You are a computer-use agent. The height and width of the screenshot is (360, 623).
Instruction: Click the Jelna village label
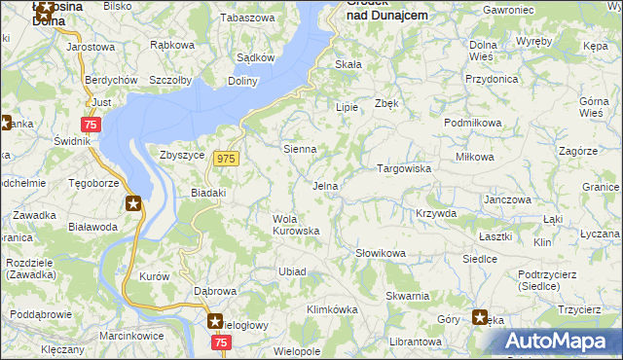(325, 186)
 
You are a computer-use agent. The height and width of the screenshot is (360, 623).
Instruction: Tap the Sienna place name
(299, 150)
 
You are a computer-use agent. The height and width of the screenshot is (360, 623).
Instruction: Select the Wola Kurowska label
(296, 225)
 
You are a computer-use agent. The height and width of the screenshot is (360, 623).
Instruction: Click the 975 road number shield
(227, 159)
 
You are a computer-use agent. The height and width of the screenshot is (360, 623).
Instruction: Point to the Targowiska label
(404, 168)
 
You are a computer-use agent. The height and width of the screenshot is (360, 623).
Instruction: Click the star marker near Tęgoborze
(132, 203)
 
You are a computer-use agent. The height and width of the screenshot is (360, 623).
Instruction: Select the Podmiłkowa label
(472, 124)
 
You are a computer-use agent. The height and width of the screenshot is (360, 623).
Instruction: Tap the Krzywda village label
(435, 213)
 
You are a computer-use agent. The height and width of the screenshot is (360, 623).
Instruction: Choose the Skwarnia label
(407, 296)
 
